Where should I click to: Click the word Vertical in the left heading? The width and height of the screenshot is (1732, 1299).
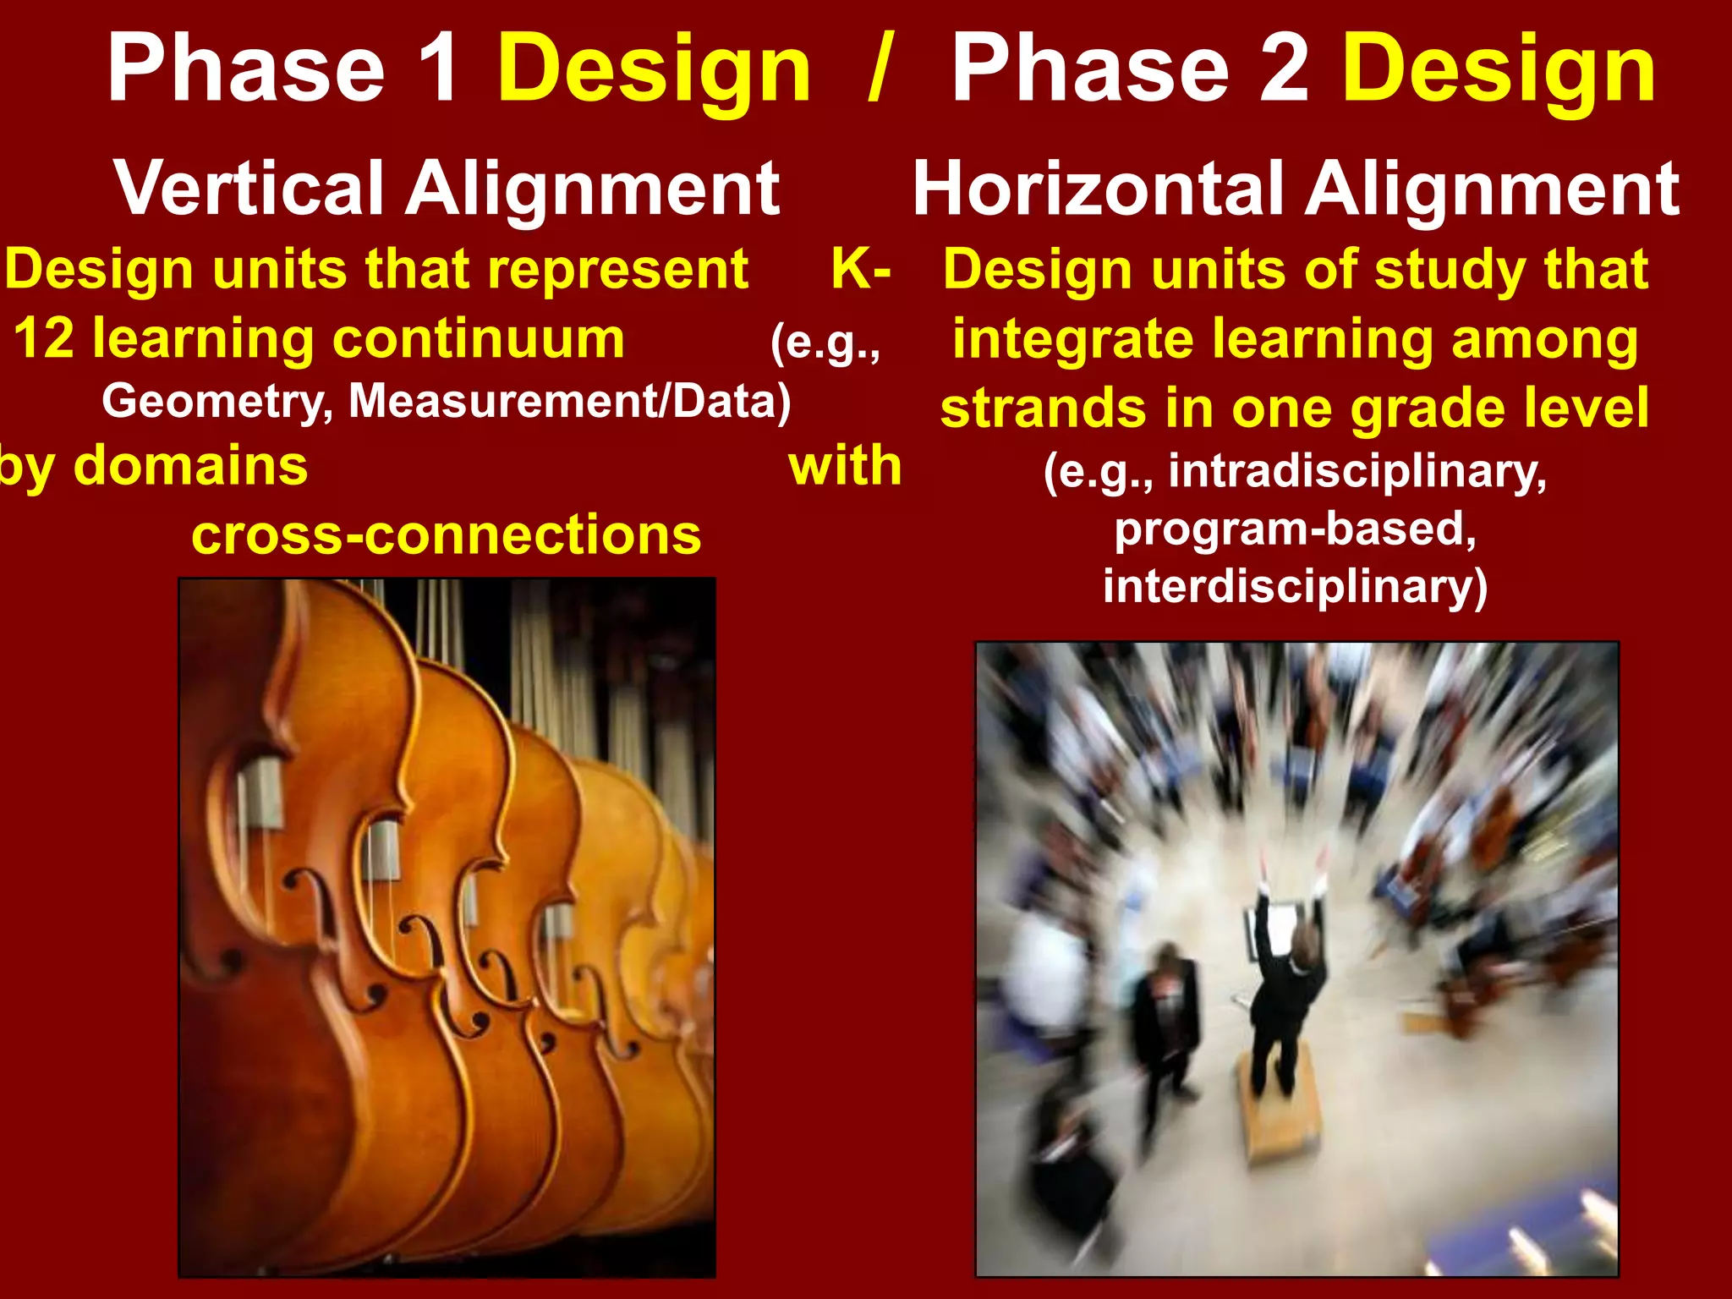pos(250,189)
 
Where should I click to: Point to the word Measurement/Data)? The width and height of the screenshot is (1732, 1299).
pos(570,401)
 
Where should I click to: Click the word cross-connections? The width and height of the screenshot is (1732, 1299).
pos(446,534)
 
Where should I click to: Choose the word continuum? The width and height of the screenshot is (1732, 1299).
pos(478,338)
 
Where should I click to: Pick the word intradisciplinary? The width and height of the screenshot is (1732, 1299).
pos(1357,470)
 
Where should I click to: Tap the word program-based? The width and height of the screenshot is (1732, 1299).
pos(1295,529)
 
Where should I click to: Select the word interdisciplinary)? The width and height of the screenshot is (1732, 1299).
pos(1295,586)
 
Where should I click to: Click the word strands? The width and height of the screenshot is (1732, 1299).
pos(1044,408)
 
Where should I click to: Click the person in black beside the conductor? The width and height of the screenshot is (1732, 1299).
pos(1166,1015)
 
